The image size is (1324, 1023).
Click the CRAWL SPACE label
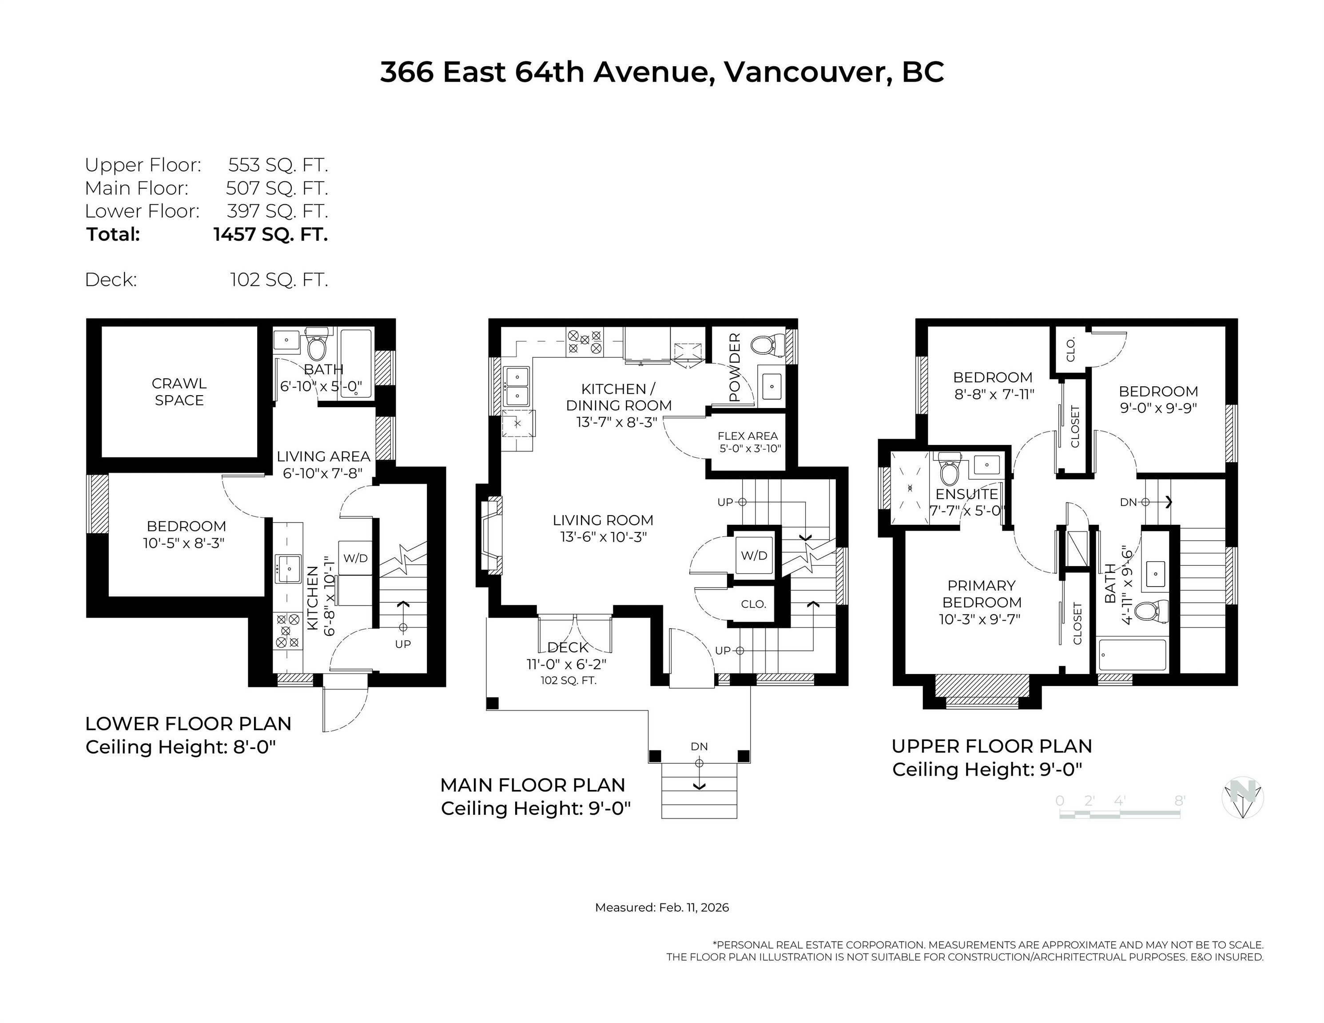179,392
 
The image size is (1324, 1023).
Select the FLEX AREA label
747,436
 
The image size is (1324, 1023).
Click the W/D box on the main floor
754,555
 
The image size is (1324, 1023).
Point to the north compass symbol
1242,797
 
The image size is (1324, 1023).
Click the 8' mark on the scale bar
1179,801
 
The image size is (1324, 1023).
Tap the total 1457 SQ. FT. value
270,234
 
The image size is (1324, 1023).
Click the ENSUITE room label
966,494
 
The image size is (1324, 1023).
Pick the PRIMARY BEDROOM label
982,594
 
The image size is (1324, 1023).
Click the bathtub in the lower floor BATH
356,363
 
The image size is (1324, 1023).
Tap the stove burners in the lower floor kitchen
288,630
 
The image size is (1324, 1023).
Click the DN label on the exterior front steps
699,747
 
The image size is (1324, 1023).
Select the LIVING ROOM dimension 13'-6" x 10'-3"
603,537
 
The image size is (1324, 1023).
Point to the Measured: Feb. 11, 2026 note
661,907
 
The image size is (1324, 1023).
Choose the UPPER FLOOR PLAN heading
991,746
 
